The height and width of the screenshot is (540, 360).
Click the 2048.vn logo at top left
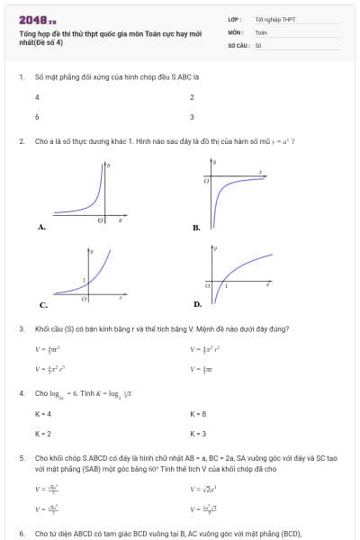[x=37, y=21]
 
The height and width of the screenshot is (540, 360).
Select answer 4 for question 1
[x=37, y=96]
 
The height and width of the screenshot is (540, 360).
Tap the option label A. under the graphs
[x=41, y=228]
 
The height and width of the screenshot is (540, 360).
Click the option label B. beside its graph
[x=196, y=228]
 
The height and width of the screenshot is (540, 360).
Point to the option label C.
[x=41, y=304]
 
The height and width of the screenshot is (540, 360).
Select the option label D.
[x=196, y=304]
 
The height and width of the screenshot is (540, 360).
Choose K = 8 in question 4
[x=198, y=414]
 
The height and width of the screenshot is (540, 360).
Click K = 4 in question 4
[x=42, y=414]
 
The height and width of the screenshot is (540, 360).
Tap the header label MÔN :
[x=236, y=31]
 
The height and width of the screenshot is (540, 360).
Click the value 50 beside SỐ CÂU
[x=258, y=43]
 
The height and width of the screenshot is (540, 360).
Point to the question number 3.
[x=21, y=328]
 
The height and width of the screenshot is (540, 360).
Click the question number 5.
[x=21, y=458]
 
